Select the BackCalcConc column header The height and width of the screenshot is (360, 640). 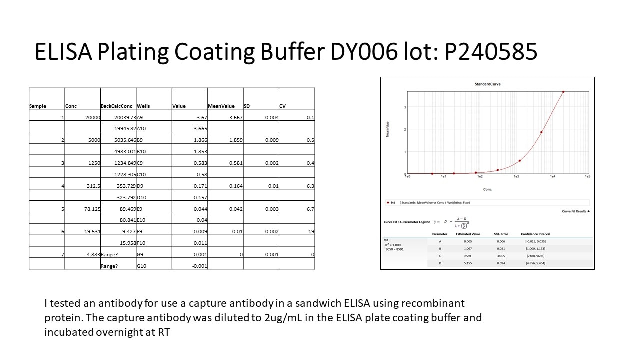click(x=117, y=106)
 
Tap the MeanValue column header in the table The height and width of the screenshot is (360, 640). click(x=221, y=106)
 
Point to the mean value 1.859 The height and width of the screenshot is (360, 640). click(x=236, y=140)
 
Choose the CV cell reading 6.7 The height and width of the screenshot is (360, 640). click(x=310, y=209)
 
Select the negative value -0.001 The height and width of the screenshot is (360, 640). click(x=199, y=266)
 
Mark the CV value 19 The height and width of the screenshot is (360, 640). click(x=311, y=232)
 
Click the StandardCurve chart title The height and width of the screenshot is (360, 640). click(x=487, y=84)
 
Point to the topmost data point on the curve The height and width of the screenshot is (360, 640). click(x=563, y=92)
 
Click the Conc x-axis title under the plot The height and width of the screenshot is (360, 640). click(x=487, y=190)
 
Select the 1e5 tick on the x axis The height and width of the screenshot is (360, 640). click(x=587, y=177)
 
